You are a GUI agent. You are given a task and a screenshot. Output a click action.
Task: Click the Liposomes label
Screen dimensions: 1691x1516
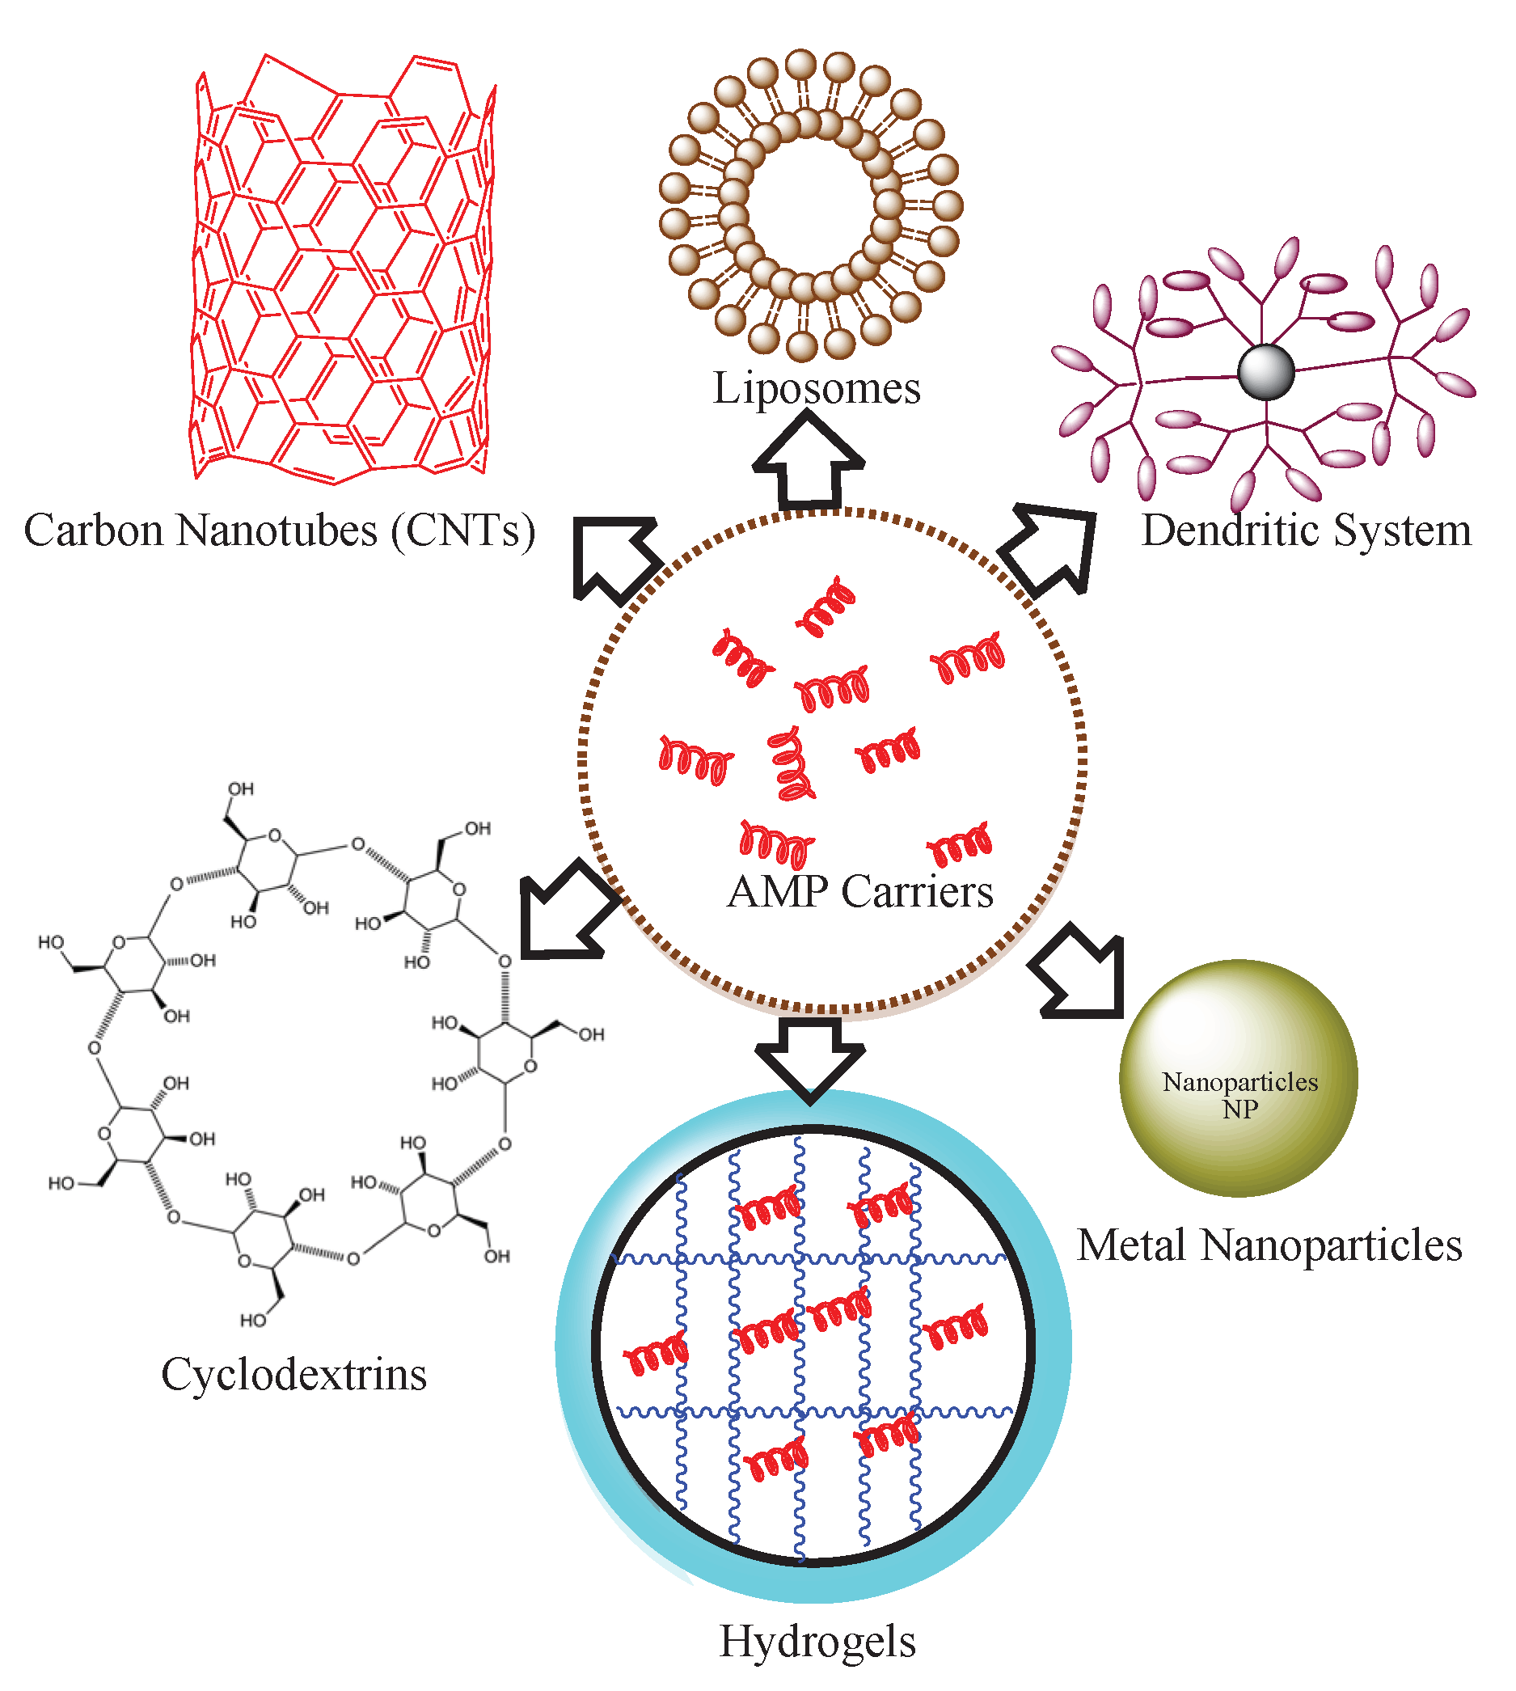point(817,388)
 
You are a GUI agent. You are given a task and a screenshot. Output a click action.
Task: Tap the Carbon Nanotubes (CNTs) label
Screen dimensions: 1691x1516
point(279,530)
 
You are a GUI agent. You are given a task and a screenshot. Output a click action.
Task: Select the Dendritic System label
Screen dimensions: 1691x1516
point(1305,530)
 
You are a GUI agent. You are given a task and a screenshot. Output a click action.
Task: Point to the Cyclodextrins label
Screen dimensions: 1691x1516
point(293,1374)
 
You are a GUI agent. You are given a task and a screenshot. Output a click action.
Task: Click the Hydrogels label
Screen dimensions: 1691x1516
point(817,1641)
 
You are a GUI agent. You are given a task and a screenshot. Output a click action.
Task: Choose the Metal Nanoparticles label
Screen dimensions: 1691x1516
point(1269,1245)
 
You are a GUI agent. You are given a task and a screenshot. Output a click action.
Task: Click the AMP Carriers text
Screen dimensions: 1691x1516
point(859,891)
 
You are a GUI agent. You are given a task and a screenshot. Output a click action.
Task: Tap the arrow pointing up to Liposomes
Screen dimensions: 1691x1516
point(808,463)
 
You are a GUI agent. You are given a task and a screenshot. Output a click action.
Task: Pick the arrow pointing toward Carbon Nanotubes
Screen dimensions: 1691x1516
point(612,554)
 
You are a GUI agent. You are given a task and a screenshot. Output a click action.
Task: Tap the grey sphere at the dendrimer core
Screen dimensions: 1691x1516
point(1265,371)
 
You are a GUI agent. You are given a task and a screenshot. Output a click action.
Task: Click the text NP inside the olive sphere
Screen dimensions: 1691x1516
point(1239,1110)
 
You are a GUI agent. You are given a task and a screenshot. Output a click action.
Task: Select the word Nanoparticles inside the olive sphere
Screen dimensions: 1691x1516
point(1239,1082)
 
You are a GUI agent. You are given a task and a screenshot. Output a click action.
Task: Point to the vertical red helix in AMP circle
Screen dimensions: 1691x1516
point(789,763)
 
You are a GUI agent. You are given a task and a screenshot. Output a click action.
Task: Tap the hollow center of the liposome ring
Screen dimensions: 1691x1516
point(810,205)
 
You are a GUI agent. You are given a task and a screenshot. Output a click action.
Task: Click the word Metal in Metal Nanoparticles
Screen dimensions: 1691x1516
point(1131,1245)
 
